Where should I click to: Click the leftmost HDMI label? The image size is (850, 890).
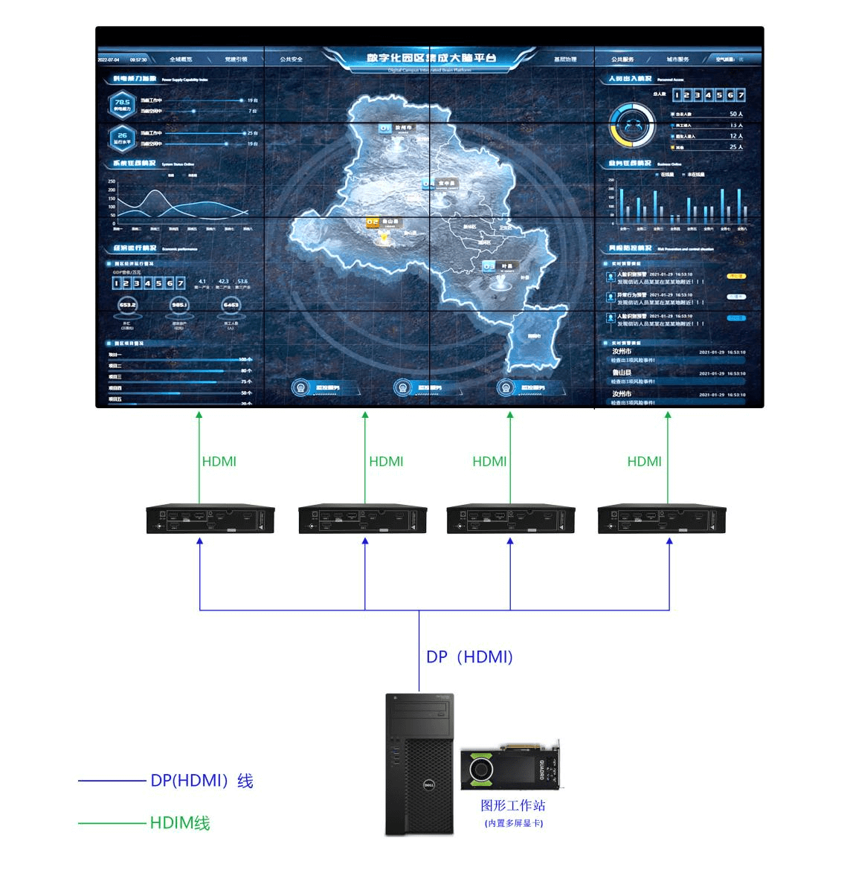(x=219, y=462)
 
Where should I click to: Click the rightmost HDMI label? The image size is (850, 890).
(x=644, y=462)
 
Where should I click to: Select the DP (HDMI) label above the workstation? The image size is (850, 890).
(x=469, y=657)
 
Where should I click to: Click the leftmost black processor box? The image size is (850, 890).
(x=210, y=519)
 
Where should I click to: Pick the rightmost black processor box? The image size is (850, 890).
(x=662, y=519)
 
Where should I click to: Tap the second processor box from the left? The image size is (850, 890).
(x=363, y=519)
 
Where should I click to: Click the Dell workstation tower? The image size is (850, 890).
(x=419, y=764)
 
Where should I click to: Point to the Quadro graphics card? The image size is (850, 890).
(x=512, y=766)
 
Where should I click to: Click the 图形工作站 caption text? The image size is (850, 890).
(x=513, y=805)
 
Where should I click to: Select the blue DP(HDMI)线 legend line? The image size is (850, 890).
(x=112, y=781)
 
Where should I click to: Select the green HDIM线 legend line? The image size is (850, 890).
(x=112, y=823)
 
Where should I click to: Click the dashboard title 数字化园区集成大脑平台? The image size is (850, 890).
(x=431, y=58)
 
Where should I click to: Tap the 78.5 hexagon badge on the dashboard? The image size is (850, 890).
(x=122, y=105)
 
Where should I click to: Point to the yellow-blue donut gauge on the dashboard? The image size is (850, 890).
(x=633, y=125)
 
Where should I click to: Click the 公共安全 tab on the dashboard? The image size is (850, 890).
(x=292, y=59)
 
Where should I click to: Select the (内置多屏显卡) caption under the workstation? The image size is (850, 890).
(x=513, y=823)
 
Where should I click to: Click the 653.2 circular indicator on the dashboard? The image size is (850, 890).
(x=127, y=305)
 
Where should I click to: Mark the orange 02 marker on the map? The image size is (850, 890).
(x=373, y=222)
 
